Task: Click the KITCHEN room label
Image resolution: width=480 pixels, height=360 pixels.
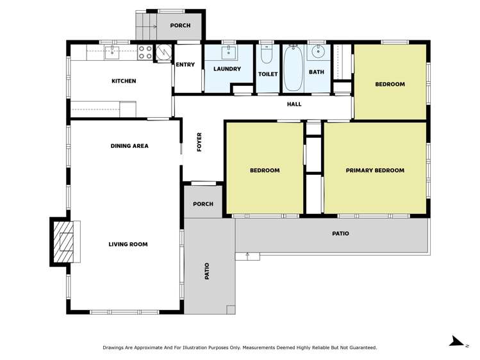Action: coord(124,81)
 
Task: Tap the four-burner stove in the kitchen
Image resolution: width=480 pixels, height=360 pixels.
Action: coord(145,52)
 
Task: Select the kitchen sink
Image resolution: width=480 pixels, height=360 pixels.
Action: coord(112,52)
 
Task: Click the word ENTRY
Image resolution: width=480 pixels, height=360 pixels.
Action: coord(185,65)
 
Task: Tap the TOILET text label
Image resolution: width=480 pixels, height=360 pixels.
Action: coord(268,74)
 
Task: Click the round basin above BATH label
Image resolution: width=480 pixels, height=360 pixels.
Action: coord(317,53)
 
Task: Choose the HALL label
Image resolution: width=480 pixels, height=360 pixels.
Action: coord(294,104)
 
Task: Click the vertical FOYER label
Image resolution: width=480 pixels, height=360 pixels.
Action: coord(199,142)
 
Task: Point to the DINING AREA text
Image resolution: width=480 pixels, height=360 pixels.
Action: coord(129,146)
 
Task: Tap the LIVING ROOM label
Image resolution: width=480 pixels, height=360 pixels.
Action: coord(128,244)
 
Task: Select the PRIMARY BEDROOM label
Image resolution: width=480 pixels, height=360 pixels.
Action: coord(375,170)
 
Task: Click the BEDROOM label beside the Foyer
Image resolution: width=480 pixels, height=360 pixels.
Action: coord(264,170)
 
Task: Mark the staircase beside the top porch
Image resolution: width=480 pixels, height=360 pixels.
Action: coord(145,26)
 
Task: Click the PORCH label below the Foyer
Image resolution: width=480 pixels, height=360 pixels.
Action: coord(203,205)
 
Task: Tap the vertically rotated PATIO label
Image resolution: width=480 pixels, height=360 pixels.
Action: coord(207,271)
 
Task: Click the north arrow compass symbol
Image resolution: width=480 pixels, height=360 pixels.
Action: coord(457,341)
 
